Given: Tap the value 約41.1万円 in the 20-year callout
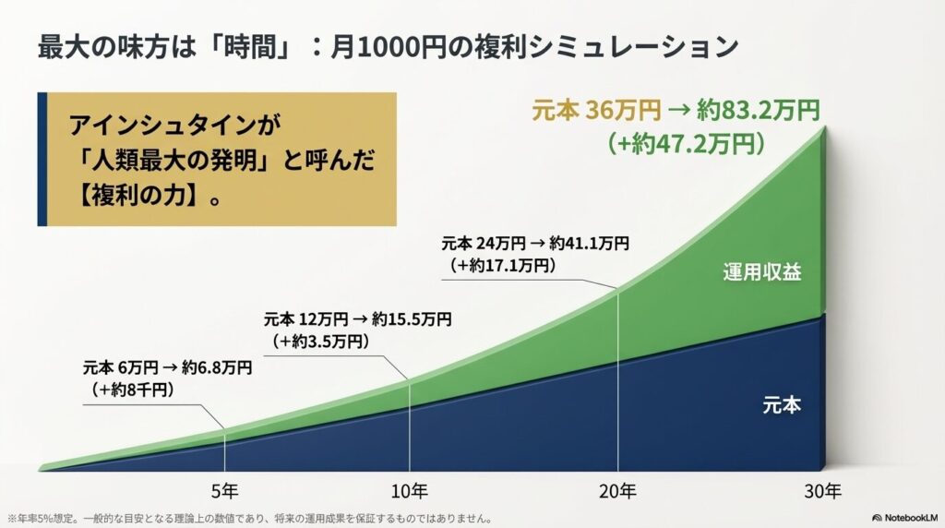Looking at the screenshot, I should (x=585, y=245).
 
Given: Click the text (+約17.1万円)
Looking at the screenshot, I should (x=503, y=266).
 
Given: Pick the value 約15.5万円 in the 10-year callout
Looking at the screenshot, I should (x=412, y=320).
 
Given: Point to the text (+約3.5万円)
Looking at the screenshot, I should (x=322, y=342).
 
